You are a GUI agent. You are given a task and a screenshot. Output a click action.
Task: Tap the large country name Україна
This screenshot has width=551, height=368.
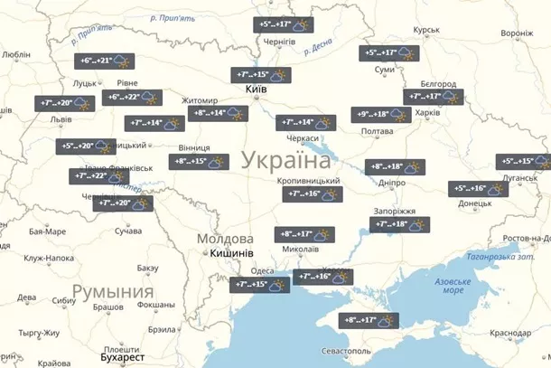pos(285,162)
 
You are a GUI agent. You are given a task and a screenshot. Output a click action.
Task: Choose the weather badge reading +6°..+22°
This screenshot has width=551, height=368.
pos(135,97)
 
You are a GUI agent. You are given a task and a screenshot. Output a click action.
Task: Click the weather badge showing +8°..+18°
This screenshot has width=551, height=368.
pos(394,166)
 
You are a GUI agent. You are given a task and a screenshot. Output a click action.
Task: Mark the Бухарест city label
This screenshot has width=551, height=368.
pos(121,357)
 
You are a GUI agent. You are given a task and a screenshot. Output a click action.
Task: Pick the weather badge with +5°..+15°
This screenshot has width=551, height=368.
pos(522,161)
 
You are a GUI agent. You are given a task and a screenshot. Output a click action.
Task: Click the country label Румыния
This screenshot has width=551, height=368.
pos(112,291)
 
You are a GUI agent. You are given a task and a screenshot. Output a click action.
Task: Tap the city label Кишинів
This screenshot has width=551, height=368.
pos(230,254)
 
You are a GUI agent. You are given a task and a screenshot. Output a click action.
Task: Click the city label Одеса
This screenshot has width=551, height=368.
pos(262,270)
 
